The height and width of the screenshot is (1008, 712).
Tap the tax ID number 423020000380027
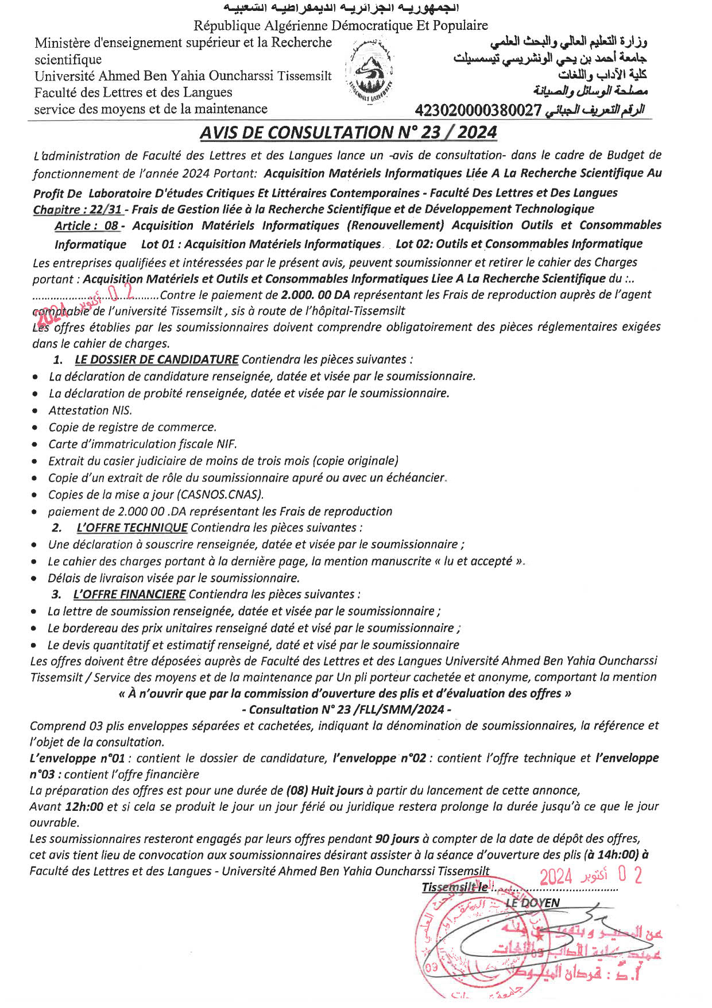(478, 110)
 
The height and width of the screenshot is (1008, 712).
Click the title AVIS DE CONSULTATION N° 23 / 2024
(348, 133)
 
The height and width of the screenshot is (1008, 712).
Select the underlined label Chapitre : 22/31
(78, 209)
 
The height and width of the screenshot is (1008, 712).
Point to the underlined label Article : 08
(86, 226)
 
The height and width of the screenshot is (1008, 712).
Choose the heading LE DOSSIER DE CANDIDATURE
(156, 360)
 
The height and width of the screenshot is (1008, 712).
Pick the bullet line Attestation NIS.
(90, 410)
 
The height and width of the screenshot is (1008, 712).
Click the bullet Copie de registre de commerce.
(132, 427)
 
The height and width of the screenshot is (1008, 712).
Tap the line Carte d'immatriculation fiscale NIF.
(142, 444)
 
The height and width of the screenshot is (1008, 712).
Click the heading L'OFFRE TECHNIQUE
(132, 528)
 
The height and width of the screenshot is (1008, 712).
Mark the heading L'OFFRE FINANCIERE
(129, 594)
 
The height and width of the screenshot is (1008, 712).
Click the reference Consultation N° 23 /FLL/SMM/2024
(346, 710)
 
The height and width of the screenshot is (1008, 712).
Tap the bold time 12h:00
(84, 807)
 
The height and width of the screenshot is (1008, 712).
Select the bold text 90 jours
(397, 839)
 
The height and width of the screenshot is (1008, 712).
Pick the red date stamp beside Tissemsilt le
(590, 876)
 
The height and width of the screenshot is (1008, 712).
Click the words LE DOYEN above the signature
(532, 903)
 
